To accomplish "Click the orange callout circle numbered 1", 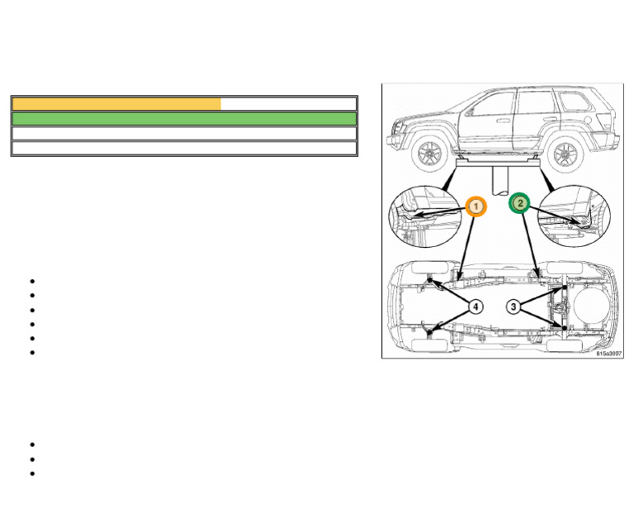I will coord(475,206).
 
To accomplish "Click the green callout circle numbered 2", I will coord(519,203).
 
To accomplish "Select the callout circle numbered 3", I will coord(513,306).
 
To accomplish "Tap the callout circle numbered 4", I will coord(475,306).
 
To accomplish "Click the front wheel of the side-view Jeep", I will coord(429,153).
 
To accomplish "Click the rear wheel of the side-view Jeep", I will coord(565,153).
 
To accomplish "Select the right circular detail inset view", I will coord(575,216).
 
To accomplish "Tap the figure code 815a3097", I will coord(608,354).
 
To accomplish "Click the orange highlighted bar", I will coord(116,104).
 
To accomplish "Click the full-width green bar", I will coord(184,119).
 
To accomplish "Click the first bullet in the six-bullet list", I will coord(31,282).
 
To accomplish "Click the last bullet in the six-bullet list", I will coord(31,353).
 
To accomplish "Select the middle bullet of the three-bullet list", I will coord(31,459).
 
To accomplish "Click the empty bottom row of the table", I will coord(184,149).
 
